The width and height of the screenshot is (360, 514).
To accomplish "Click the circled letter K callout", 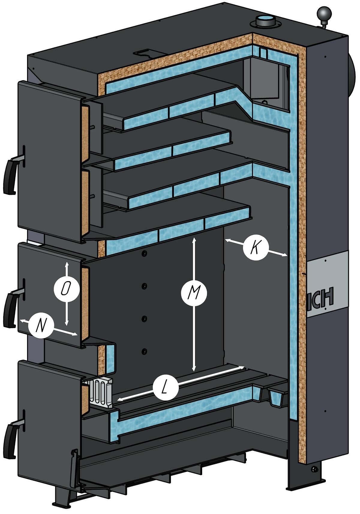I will (256, 248).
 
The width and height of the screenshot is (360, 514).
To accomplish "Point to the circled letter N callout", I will (41, 325).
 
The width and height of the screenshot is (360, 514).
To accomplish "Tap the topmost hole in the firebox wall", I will (145, 254).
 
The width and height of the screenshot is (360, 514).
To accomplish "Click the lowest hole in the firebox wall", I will (145, 351).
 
